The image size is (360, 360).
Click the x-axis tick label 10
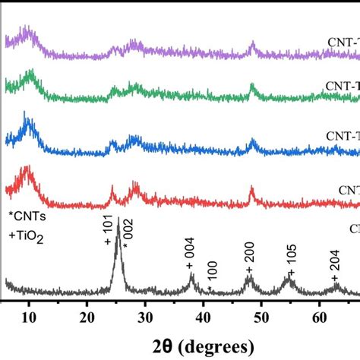coord(30,316)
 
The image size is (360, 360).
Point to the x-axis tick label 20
coord(87,316)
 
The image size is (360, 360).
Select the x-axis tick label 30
coord(146,316)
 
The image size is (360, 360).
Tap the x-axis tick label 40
coord(204,316)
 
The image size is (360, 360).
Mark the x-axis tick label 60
coord(320,316)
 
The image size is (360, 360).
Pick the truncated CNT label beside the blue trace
coord(346,135)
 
